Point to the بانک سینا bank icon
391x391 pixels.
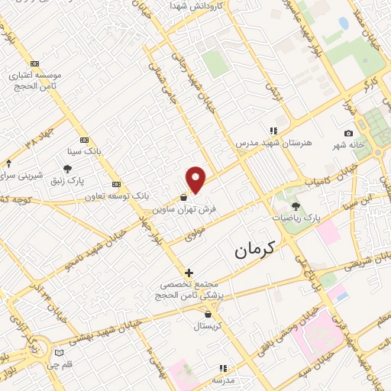point(83,140)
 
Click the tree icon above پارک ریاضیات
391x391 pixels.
point(296,205)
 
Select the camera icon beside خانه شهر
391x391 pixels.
point(349,134)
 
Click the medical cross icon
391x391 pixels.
point(189,273)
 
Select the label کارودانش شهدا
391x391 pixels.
point(196,5)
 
